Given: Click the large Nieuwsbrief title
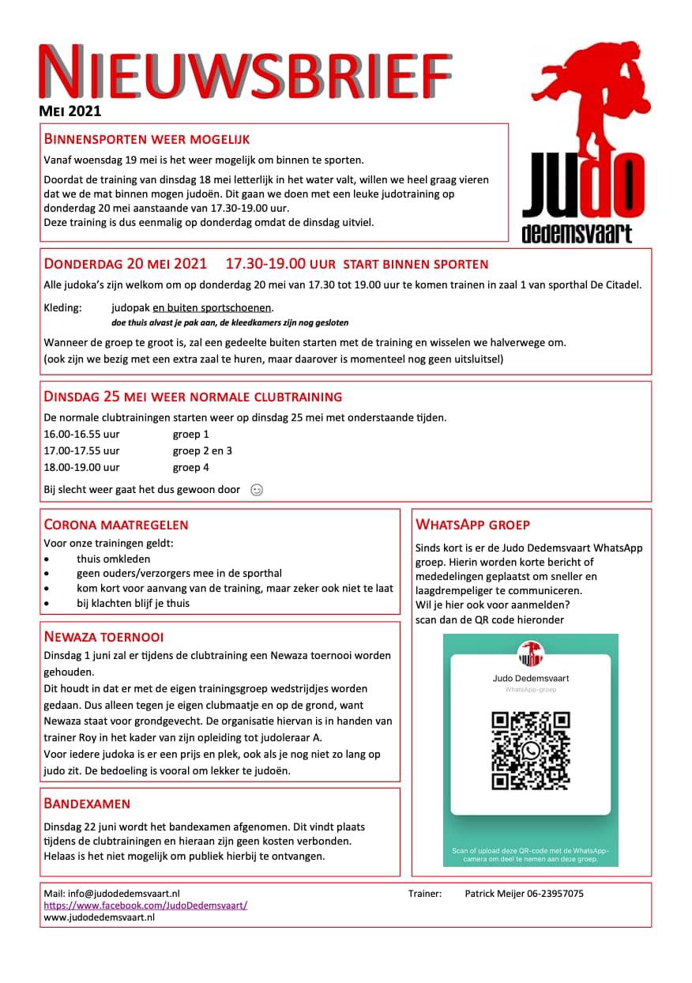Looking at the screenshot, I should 245,73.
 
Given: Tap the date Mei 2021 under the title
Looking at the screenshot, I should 70,111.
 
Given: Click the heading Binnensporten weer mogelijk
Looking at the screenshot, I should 147,139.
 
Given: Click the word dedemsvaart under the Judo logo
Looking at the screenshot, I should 577,234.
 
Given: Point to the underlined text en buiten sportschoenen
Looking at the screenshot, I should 213,307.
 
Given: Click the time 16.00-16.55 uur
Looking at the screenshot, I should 81,434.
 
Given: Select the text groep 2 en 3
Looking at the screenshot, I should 202,450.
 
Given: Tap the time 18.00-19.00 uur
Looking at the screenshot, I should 81,467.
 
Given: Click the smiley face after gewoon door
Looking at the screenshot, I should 257,490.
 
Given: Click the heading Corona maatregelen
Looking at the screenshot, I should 116,525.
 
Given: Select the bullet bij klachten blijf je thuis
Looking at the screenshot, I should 133,603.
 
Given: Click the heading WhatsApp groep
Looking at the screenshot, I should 472,525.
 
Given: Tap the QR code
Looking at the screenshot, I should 530,751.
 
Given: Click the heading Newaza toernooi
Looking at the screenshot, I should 103,637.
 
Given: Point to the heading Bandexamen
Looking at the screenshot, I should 87,804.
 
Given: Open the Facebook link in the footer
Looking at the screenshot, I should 145,906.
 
